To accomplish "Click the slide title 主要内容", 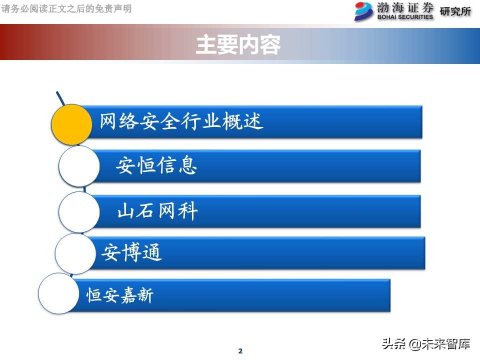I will click(x=238, y=44).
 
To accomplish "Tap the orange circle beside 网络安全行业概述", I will click(x=72, y=124).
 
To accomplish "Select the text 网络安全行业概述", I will click(x=181, y=121).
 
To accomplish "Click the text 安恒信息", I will click(x=156, y=165).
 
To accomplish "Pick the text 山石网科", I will click(x=157, y=211).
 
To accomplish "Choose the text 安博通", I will click(x=132, y=253).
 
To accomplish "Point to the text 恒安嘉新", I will click(x=120, y=295).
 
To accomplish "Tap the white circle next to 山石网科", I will click(x=79, y=212).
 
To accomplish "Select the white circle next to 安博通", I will click(x=75, y=253).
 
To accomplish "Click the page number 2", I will click(x=240, y=351).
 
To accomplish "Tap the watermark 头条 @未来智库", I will click(x=426, y=344).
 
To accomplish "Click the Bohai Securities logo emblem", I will click(x=363, y=11).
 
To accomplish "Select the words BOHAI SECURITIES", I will click(x=405, y=16).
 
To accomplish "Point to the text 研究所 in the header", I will click(x=455, y=11).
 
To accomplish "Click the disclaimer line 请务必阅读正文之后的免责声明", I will click(x=66, y=8).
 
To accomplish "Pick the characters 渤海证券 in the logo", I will click(x=405, y=7).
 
